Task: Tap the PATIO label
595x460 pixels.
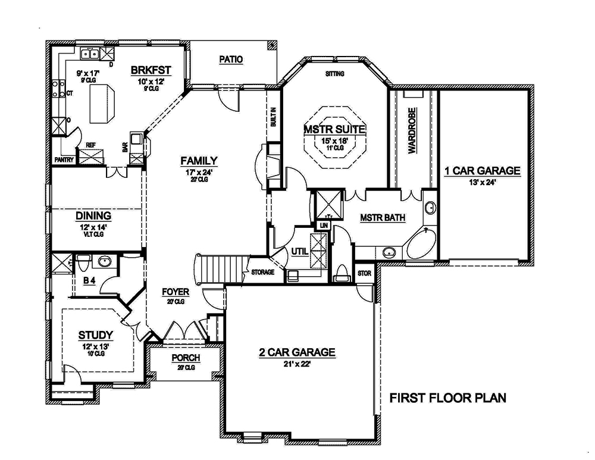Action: click(x=231, y=59)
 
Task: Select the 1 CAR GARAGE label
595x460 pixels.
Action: click(x=482, y=171)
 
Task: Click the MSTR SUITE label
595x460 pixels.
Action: click(x=334, y=129)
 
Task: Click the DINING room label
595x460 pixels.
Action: click(x=94, y=215)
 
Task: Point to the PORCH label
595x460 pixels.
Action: click(x=186, y=358)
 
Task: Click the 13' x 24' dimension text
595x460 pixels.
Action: click(x=482, y=182)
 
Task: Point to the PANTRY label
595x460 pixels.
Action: click(x=63, y=159)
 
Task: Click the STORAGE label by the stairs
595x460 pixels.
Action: click(x=262, y=272)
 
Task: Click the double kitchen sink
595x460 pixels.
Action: click(x=90, y=54)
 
